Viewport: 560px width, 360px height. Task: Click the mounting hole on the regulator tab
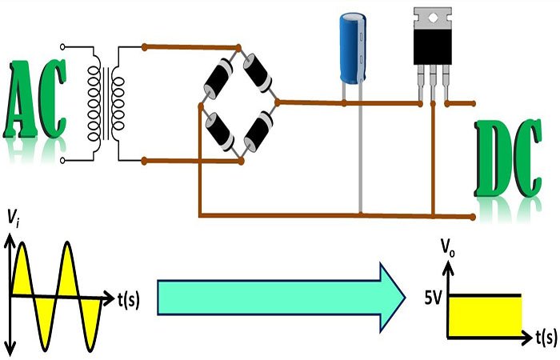tap(433, 17)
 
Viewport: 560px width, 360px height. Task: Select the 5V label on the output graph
tap(434, 298)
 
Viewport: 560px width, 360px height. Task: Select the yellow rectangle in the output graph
tap(486, 314)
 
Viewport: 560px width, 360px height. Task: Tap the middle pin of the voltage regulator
tap(433, 84)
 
